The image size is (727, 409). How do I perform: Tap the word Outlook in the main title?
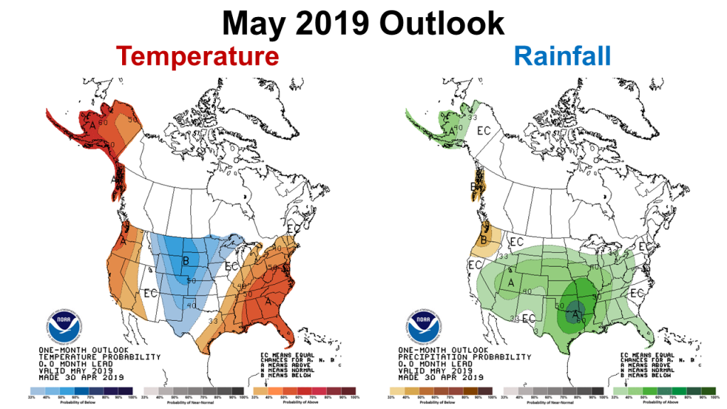point(441,23)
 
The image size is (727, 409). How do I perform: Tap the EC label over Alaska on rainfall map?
point(484,131)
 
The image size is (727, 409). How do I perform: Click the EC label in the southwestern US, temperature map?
point(151,293)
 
